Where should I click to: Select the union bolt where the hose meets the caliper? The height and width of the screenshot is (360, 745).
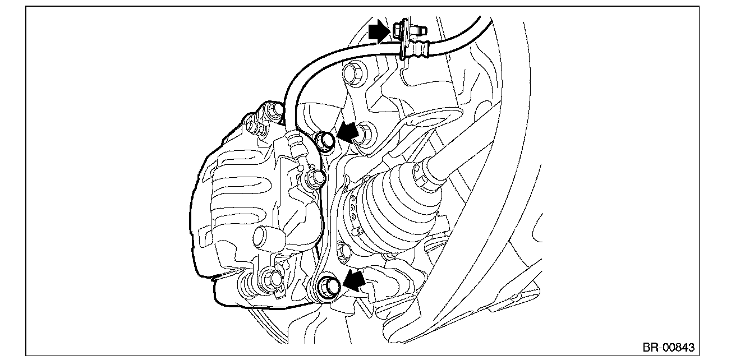tap(315, 178)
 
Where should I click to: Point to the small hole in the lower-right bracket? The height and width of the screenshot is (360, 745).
tap(514, 296)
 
